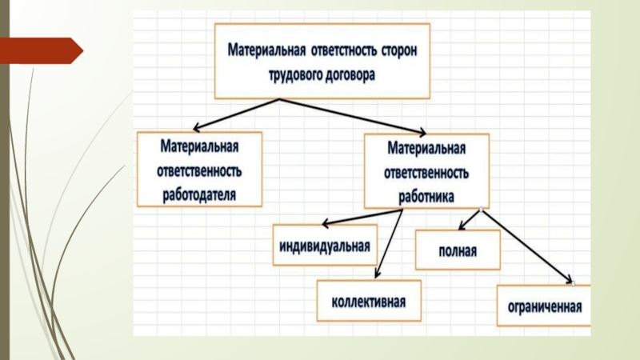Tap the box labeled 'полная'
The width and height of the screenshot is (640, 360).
458,250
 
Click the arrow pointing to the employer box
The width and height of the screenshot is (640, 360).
237,114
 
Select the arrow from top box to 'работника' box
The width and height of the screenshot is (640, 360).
352,115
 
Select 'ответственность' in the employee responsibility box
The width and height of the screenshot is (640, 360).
426,171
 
